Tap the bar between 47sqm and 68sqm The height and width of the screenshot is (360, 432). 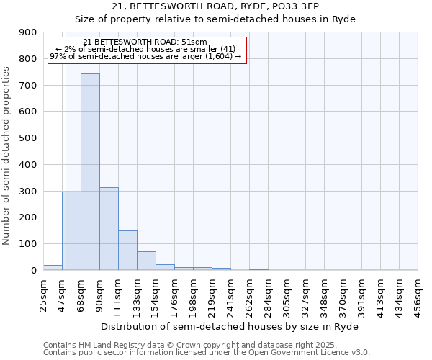71,230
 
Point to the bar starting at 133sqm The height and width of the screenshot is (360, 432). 146,261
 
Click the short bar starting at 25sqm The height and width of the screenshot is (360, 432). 53,267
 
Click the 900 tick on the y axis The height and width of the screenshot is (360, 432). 28,32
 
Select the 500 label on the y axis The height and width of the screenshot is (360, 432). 28,138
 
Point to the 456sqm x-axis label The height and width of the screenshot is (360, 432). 418,294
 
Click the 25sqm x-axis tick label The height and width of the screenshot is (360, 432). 43,294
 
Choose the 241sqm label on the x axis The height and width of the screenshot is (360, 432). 230,294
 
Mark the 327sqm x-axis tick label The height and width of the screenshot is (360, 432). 305,294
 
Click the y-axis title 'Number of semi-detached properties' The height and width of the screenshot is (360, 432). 6,156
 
